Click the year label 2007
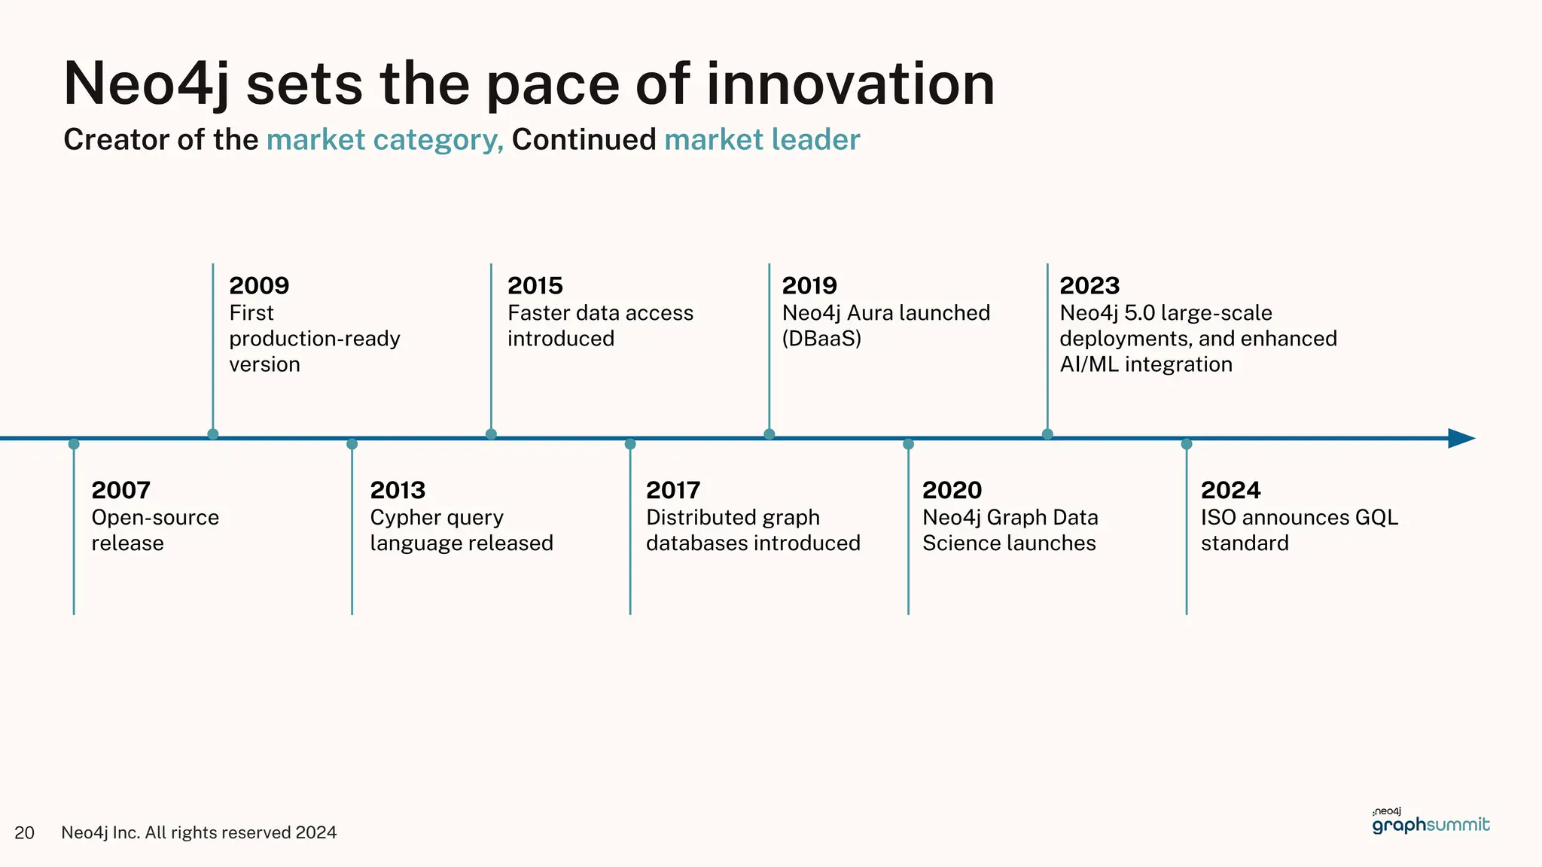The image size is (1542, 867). tap(120, 490)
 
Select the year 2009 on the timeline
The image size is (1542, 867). tap(259, 285)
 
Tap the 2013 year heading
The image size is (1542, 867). tap(398, 490)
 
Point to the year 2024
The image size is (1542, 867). tap(1230, 490)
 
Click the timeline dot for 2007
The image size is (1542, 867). tap(74, 444)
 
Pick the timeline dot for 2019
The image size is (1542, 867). tap(769, 434)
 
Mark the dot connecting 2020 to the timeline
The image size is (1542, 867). tap(908, 444)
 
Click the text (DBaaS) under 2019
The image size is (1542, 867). tap(821, 339)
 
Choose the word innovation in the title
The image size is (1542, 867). tap(850, 84)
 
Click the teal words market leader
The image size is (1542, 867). tap(762, 140)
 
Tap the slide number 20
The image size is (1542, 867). tap(24, 832)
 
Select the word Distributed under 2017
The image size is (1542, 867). tap(701, 518)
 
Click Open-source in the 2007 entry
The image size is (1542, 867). tap(155, 518)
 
